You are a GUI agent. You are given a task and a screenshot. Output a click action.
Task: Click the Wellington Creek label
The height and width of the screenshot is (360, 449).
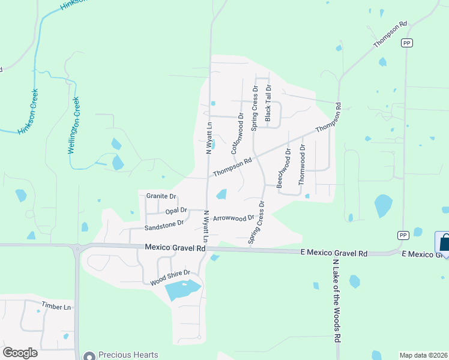click(x=74, y=124)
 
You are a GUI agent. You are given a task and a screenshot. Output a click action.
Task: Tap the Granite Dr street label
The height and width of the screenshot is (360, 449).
click(x=161, y=196)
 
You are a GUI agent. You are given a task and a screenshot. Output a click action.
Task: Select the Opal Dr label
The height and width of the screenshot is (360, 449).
click(x=176, y=211)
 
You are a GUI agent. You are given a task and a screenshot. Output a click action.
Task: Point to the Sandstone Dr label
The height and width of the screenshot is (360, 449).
click(x=164, y=224)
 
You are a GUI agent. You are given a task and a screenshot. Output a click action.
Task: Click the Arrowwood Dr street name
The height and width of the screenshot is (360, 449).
click(x=234, y=218)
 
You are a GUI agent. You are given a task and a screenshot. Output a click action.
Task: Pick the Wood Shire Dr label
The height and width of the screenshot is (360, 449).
click(x=170, y=277)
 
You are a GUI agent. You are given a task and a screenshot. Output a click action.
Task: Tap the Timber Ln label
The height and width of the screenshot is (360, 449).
click(x=56, y=307)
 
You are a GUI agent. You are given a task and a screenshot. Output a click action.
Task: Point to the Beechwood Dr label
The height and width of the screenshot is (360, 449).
click(x=283, y=169)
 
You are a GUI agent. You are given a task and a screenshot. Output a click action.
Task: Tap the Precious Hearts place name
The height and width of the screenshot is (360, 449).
click(x=128, y=355)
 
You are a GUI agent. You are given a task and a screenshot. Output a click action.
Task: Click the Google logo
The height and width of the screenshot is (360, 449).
click(x=20, y=352)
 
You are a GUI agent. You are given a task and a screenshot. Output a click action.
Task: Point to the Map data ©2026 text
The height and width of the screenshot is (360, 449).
click(x=423, y=355)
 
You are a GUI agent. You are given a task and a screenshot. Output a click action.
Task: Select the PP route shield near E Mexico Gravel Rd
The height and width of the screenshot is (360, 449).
click(x=402, y=235)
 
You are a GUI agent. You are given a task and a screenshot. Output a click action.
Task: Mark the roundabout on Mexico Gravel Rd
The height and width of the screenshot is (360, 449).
click(x=77, y=248)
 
